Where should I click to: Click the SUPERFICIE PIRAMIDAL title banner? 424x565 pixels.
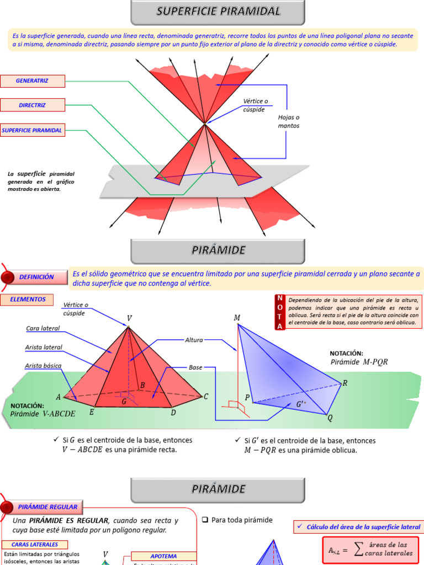click(219, 12)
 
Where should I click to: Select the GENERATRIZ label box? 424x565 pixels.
click(33, 81)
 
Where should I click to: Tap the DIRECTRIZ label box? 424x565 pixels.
click(33, 105)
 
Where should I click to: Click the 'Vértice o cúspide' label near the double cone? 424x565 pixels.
click(255, 105)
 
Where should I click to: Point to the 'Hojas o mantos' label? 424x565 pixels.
click(288, 121)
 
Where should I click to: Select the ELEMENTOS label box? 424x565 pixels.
click(28, 299)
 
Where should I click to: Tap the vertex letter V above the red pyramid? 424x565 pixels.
click(129, 318)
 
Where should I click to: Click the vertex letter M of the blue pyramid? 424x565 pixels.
click(237, 318)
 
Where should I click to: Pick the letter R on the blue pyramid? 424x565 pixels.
click(345, 383)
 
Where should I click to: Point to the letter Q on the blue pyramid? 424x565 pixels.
click(330, 418)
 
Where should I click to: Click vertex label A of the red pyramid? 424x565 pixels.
click(58, 397)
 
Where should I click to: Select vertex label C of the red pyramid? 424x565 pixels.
click(206, 396)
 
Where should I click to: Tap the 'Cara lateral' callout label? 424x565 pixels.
click(43, 329)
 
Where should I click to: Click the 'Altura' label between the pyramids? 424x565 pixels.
click(194, 340)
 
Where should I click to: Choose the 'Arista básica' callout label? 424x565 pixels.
click(43, 366)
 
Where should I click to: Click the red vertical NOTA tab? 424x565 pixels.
click(280, 312)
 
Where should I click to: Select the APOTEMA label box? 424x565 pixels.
click(162, 556)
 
